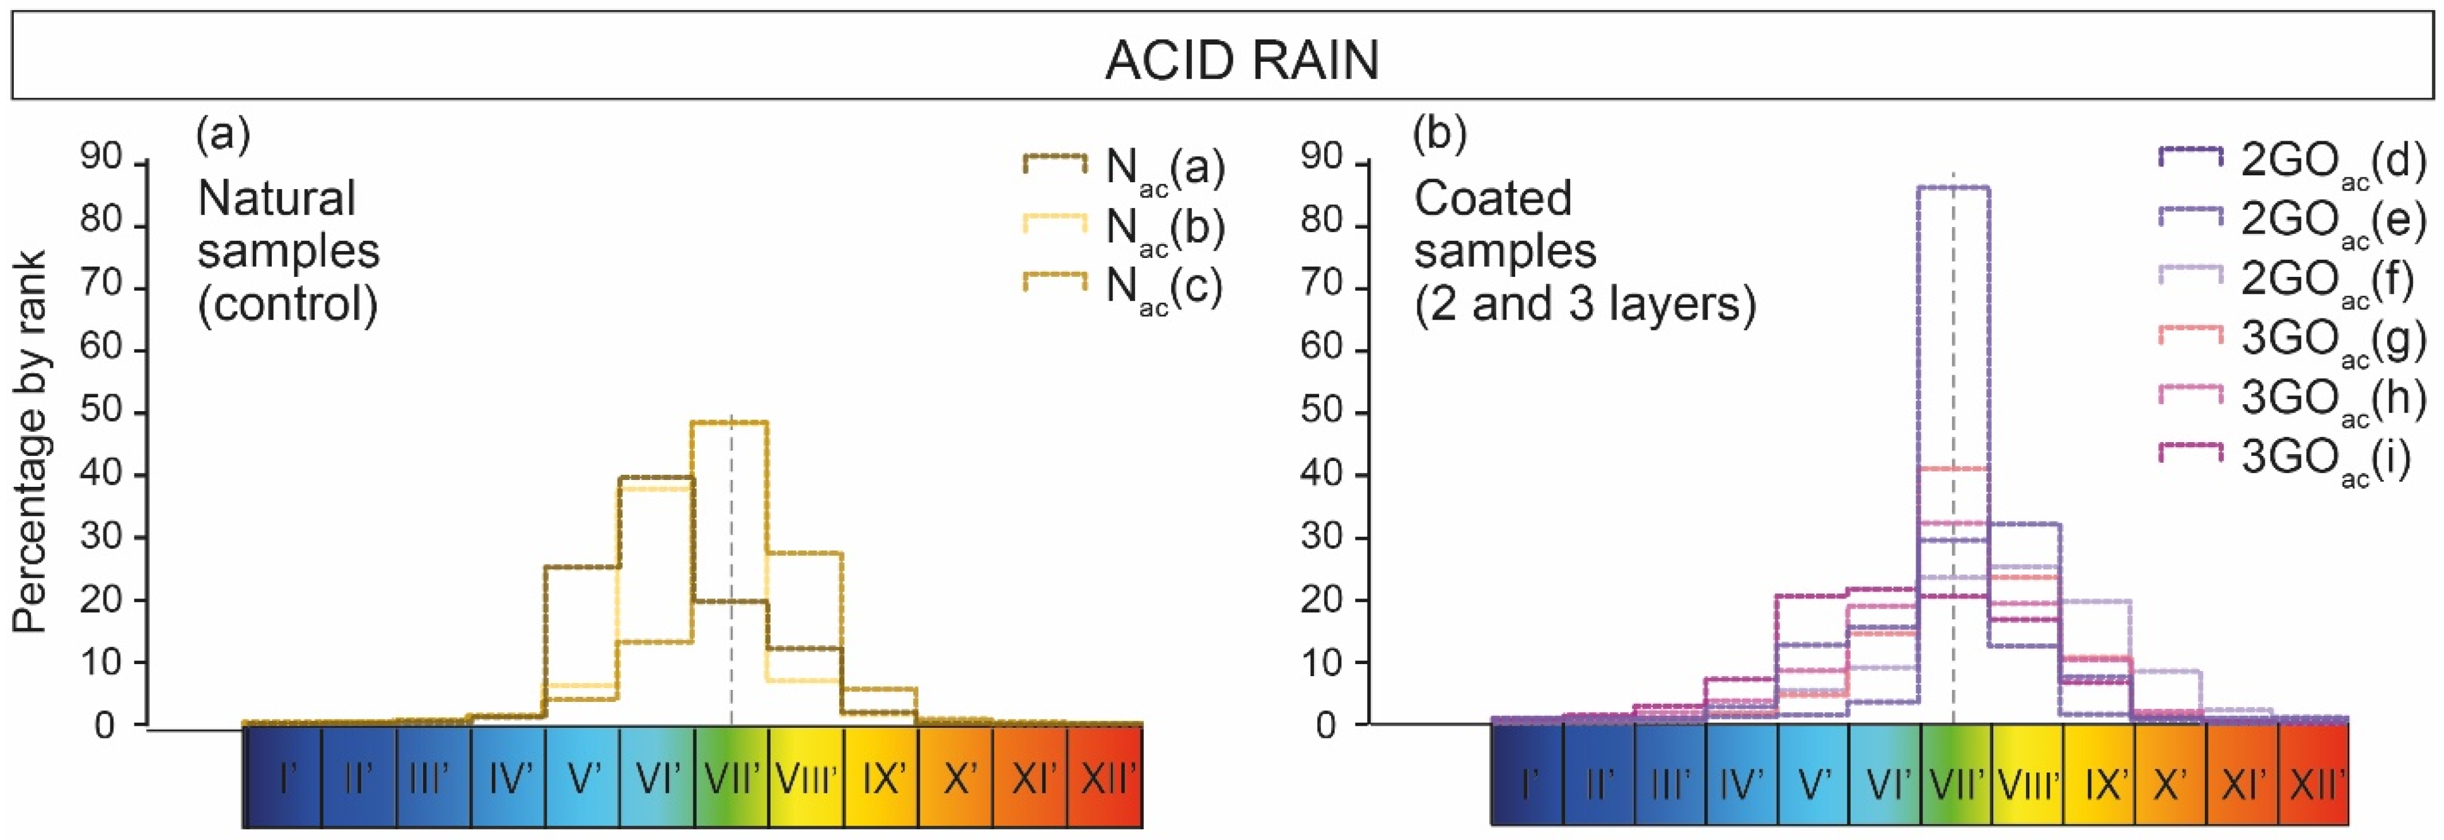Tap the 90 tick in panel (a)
[102, 158]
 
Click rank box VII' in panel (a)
[731, 778]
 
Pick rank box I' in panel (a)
[284, 778]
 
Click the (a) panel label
[223, 134]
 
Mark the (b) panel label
[1440, 134]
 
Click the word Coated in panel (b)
[1493, 199]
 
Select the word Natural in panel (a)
[276, 199]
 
